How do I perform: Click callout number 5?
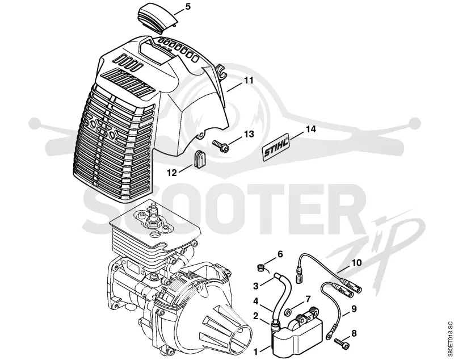coord(188,6)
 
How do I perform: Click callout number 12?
coord(172,173)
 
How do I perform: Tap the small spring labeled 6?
coord(262,267)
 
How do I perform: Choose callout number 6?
coord(280,254)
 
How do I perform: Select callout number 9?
coord(354,309)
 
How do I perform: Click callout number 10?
coord(356,263)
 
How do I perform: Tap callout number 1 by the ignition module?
coord(256,352)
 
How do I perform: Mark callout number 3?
coord(256,286)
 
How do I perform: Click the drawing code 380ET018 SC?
coord(449,339)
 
